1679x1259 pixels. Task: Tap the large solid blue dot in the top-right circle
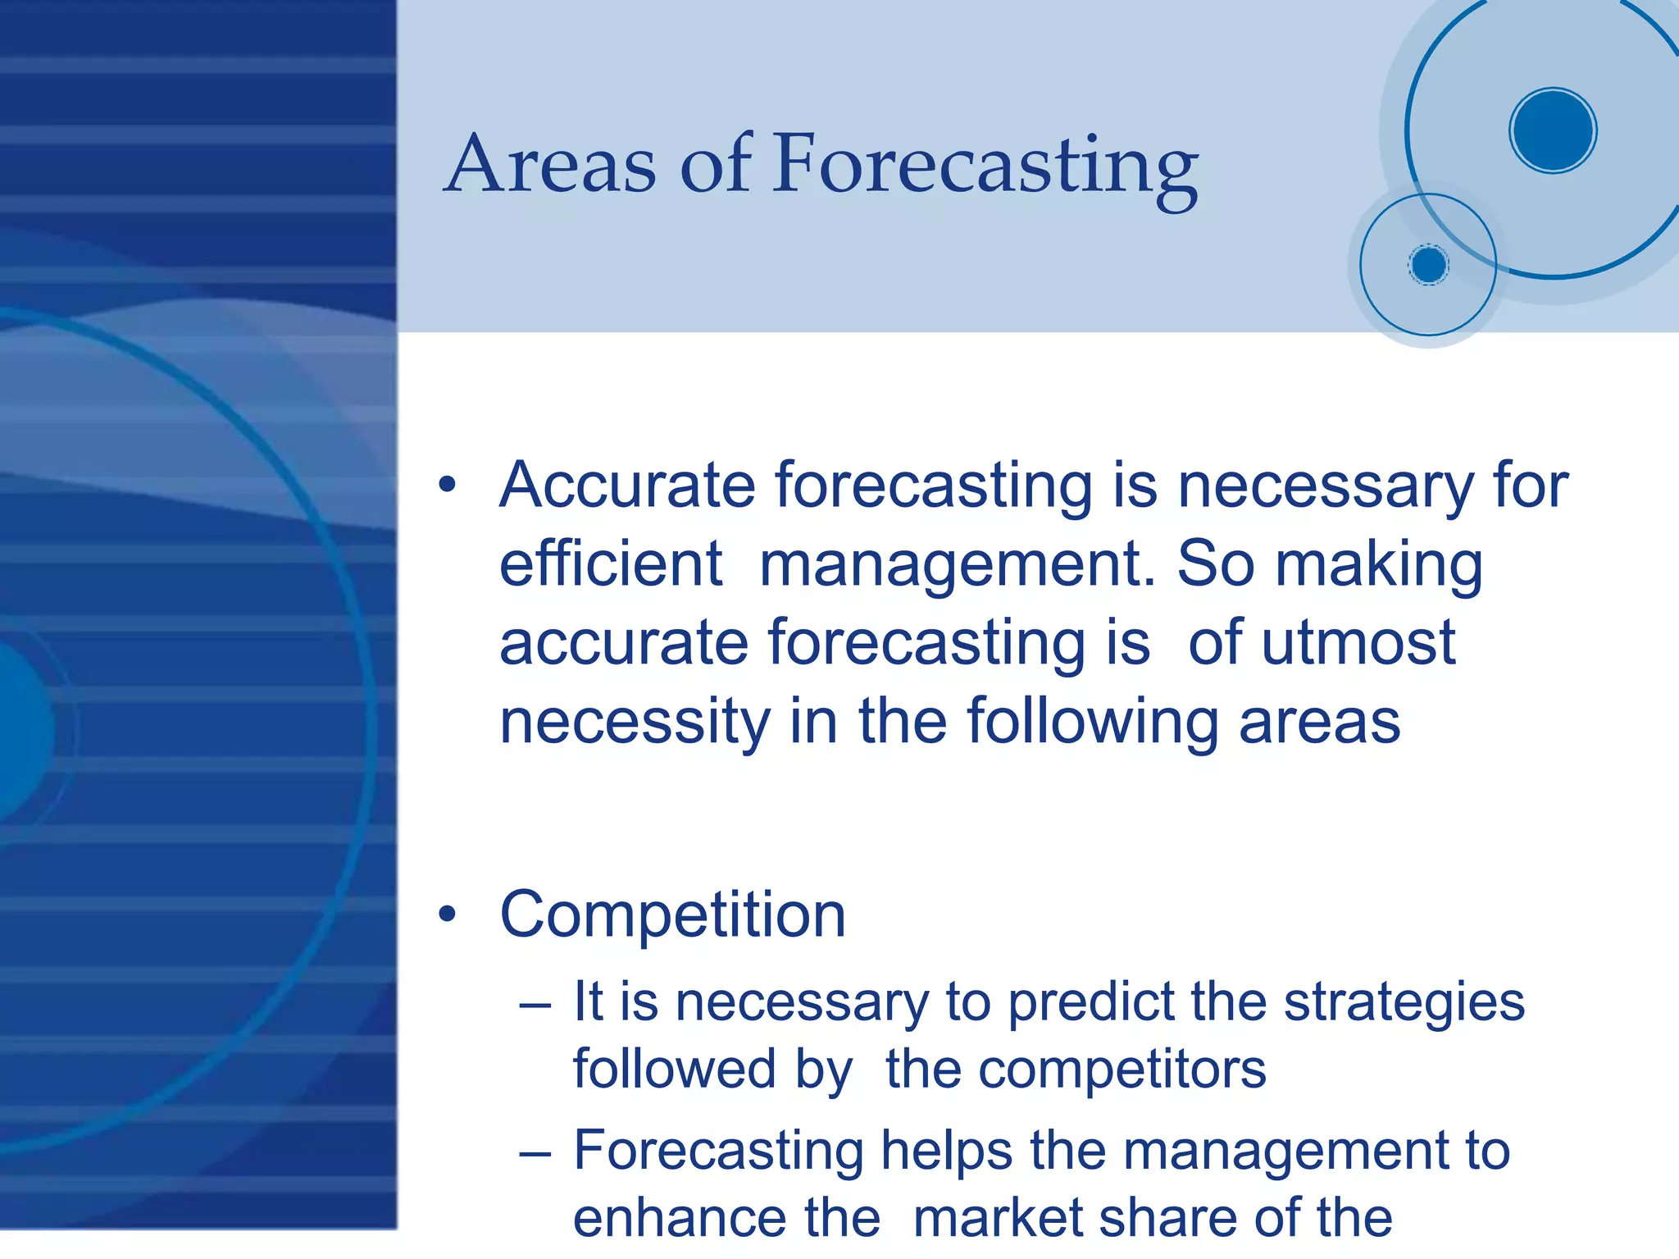(1553, 130)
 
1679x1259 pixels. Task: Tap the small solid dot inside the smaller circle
(1429, 265)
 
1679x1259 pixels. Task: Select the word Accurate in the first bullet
(626, 486)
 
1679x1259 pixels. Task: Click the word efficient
(611, 564)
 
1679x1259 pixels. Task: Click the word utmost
(1358, 642)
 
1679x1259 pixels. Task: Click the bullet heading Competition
(672, 915)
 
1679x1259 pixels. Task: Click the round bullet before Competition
(447, 914)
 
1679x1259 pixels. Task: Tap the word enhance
(726, 1218)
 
